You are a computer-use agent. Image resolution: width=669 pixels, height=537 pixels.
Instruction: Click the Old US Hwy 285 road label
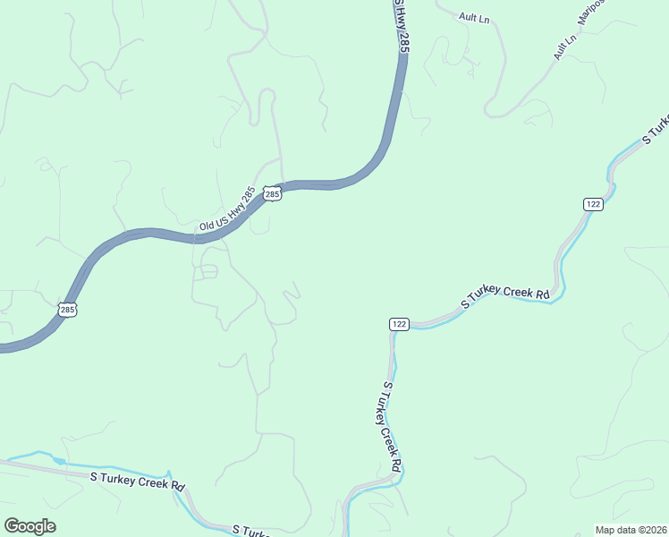[x=227, y=210]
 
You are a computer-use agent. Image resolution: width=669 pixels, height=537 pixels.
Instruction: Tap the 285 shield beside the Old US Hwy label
[x=273, y=193]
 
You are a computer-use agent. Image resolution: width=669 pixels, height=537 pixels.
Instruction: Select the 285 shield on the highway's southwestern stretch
[x=68, y=310]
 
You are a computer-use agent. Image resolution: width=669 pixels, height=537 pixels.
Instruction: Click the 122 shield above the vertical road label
[x=399, y=323]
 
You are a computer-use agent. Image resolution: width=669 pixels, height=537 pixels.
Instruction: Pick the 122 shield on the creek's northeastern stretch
[x=593, y=204]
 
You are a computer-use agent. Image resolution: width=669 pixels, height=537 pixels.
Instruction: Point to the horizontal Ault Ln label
[x=474, y=17]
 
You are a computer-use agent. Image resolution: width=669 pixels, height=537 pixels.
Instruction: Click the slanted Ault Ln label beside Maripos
[x=563, y=47]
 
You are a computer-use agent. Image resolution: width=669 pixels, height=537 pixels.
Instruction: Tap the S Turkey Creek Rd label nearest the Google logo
[x=138, y=480]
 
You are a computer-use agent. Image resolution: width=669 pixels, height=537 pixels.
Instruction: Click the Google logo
[x=30, y=526]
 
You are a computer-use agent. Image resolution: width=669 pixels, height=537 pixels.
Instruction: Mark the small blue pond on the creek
[x=58, y=460]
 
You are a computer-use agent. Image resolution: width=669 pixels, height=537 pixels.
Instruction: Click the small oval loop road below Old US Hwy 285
[x=207, y=272]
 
